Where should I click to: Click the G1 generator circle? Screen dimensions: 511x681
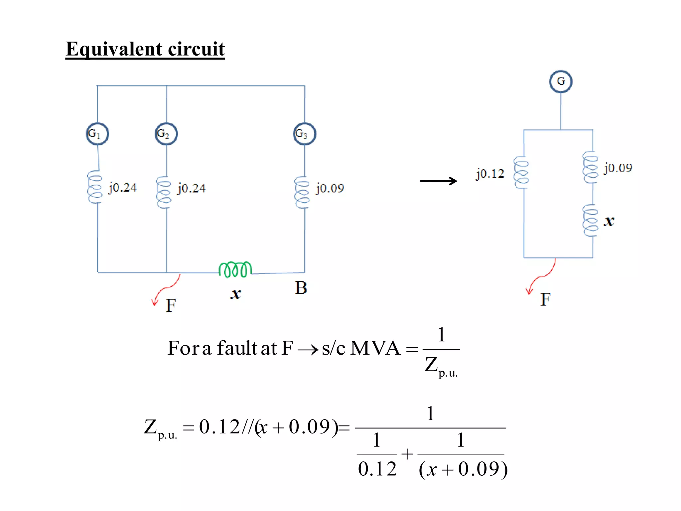pyautogui.click(x=97, y=134)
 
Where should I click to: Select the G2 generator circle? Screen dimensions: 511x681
pyautogui.click(x=166, y=134)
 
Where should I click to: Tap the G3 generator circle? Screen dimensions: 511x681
pyautogui.click(x=305, y=134)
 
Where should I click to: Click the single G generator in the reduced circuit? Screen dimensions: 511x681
pyautogui.click(x=561, y=81)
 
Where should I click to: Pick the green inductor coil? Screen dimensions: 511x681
pyautogui.click(x=235, y=269)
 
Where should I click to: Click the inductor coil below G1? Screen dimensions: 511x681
pyautogui.click(x=95, y=187)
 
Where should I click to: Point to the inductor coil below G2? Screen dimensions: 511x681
pyautogui.click(x=164, y=192)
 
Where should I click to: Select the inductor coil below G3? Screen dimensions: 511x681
pyautogui.click(x=302, y=192)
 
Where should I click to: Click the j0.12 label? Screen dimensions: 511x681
pyautogui.click(x=490, y=174)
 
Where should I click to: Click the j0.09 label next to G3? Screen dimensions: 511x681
pyautogui.click(x=330, y=188)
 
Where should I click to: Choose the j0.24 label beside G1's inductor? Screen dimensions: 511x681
pyautogui.click(x=123, y=188)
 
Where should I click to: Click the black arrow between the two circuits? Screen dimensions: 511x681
pyautogui.click(x=439, y=181)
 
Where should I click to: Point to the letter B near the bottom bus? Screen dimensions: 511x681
pyautogui.click(x=301, y=288)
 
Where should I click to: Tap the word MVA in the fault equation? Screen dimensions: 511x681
pyautogui.click(x=375, y=348)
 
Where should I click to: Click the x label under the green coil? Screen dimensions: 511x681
pyautogui.click(x=236, y=294)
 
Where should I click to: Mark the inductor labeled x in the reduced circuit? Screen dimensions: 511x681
pyautogui.click(x=590, y=221)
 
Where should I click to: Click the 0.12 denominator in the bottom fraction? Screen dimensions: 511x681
pyautogui.click(x=377, y=469)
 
